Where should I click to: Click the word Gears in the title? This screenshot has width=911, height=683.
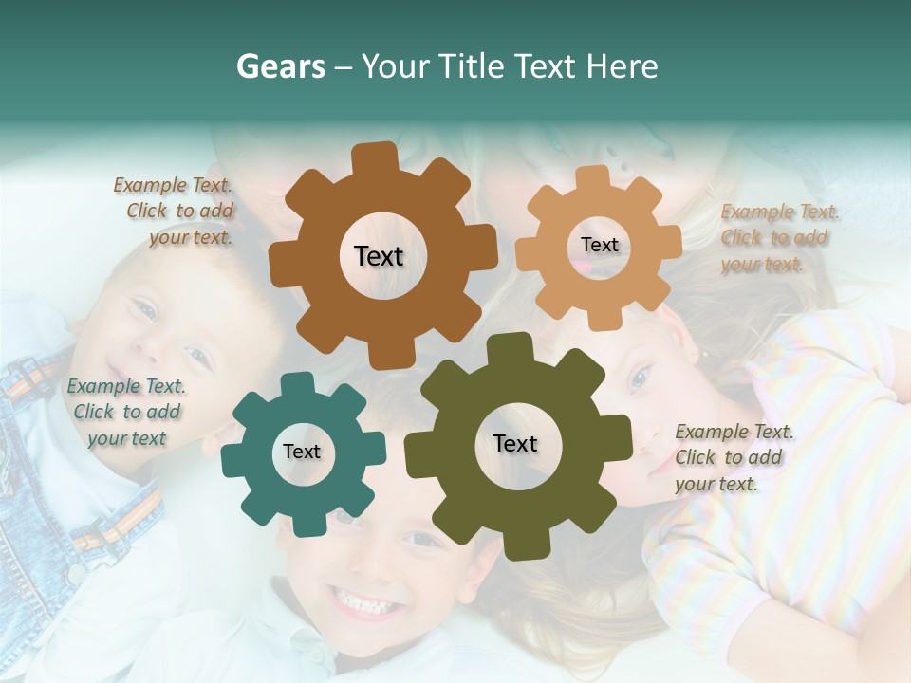[x=280, y=67]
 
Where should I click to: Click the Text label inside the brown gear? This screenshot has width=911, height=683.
[x=379, y=256]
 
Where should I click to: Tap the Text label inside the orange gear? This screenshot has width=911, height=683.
[x=599, y=245]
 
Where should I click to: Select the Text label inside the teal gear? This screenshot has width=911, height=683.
[x=302, y=452]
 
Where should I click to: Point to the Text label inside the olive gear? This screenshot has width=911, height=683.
[x=515, y=443]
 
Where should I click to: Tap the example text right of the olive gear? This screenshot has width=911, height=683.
[x=733, y=457]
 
